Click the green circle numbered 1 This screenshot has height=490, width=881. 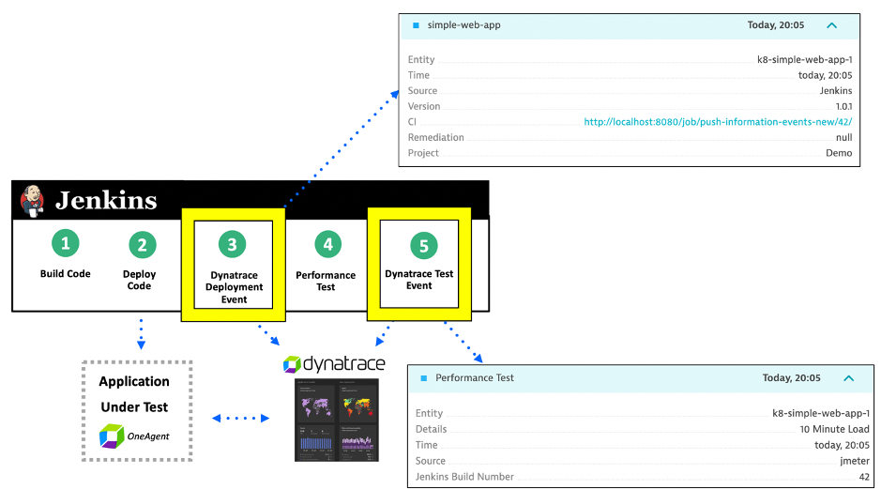click(65, 244)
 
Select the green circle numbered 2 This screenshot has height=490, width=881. click(142, 245)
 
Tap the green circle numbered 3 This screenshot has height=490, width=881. click(233, 245)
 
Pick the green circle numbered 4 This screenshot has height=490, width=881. click(327, 245)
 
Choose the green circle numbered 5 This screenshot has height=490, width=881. click(423, 245)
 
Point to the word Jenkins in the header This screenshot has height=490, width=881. click(106, 200)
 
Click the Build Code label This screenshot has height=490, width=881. click(66, 274)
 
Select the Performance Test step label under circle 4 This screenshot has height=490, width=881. click(326, 281)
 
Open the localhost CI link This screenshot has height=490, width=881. click(718, 122)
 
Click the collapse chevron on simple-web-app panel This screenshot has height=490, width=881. click(831, 25)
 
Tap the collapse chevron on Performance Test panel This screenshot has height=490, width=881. click(848, 378)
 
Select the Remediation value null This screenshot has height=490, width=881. click(843, 137)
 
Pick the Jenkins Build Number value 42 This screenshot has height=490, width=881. click(862, 477)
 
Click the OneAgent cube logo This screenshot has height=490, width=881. click(112, 435)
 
